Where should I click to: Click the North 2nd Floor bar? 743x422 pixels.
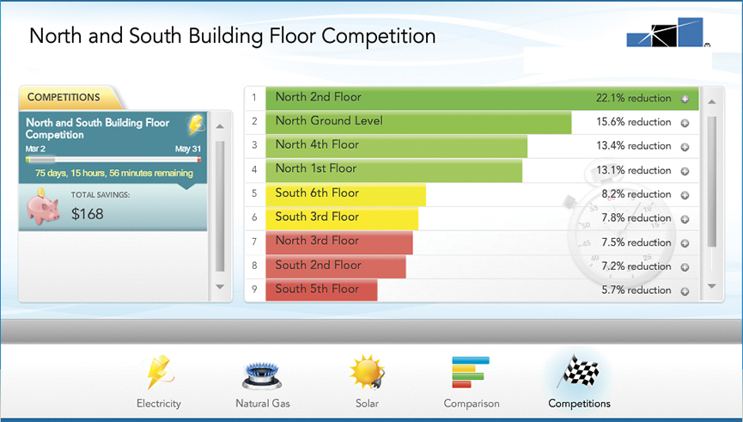coord(482,99)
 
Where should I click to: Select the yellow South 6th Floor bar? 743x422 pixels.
coord(346,194)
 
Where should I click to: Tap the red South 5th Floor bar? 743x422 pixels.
coord(321,291)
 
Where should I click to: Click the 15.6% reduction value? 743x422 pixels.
coord(634,122)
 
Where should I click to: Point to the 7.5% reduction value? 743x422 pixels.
coord(636,242)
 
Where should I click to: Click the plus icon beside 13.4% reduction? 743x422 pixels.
coord(685,147)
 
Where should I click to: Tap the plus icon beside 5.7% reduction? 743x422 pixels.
coord(685,291)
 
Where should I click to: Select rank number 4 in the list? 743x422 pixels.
coord(254,169)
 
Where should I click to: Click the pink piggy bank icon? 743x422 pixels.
coord(43,206)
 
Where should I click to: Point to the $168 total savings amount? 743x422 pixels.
coord(88,214)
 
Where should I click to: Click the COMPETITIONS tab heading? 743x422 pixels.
coord(64,97)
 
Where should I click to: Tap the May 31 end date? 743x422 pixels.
coord(188,149)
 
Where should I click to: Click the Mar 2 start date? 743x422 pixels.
coord(35,149)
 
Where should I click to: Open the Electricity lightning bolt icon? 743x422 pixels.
coord(158,373)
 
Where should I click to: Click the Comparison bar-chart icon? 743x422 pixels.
coord(471,372)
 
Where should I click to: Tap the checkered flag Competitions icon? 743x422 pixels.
coord(578,372)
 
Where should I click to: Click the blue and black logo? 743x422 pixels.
coord(666,33)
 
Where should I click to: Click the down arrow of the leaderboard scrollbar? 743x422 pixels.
coord(712,286)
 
